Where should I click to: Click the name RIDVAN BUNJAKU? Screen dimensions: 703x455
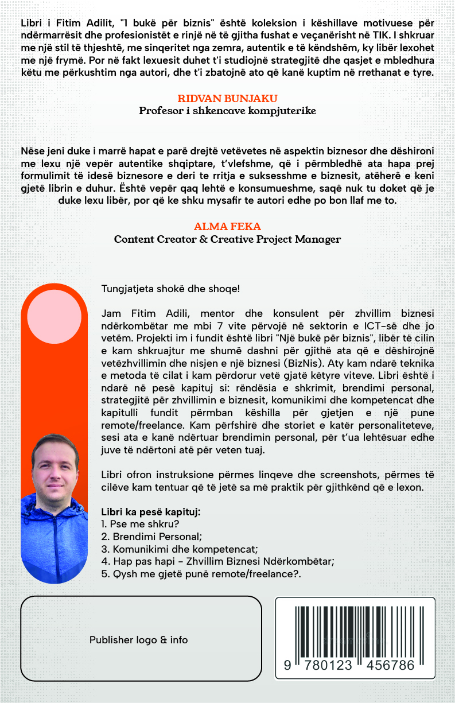tap(227, 98)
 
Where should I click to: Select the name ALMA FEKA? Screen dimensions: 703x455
tap(227, 227)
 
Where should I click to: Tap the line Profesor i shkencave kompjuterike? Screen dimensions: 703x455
tap(227, 111)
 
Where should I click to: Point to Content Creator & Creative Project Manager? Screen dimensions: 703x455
tap(227, 239)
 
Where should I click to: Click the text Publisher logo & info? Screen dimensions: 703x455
tap(138, 639)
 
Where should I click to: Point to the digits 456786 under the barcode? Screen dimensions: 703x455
tap(390, 665)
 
